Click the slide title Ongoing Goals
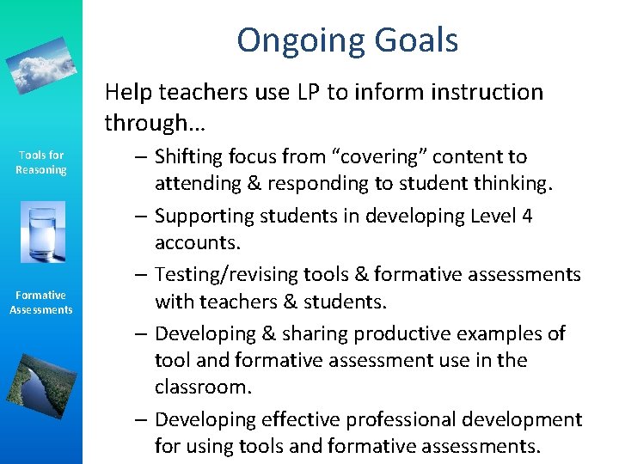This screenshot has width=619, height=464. [347, 40]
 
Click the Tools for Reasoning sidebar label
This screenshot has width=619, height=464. [40, 162]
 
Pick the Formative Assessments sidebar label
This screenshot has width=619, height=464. [40, 302]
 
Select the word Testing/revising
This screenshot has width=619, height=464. [227, 275]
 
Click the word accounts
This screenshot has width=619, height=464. [198, 243]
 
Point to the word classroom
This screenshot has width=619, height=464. [203, 388]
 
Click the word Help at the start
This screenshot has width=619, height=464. [126, 92]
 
